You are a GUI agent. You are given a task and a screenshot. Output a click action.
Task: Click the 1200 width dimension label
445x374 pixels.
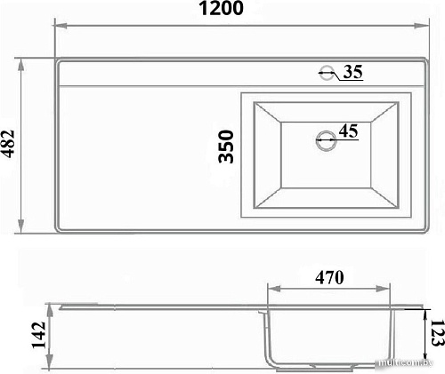point(221,8)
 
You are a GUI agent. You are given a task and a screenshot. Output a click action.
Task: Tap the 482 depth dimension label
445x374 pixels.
point(7,144)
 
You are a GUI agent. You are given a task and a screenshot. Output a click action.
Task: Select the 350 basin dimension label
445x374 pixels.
point(226,147)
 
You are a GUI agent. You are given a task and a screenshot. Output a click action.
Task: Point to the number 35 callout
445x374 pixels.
point(353,72)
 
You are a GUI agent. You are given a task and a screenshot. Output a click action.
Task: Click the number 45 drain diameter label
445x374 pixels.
point(349,131)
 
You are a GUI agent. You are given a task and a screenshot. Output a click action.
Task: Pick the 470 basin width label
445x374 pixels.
point(329,277)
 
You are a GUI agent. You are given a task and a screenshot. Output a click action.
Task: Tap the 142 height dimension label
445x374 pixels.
point(39,335)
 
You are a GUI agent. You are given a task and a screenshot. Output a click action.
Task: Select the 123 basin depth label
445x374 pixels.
point(437,332)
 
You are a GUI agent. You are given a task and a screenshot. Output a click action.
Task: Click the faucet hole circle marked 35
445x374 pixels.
point(328,72)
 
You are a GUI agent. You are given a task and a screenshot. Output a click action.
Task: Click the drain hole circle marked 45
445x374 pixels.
point(326,140)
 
